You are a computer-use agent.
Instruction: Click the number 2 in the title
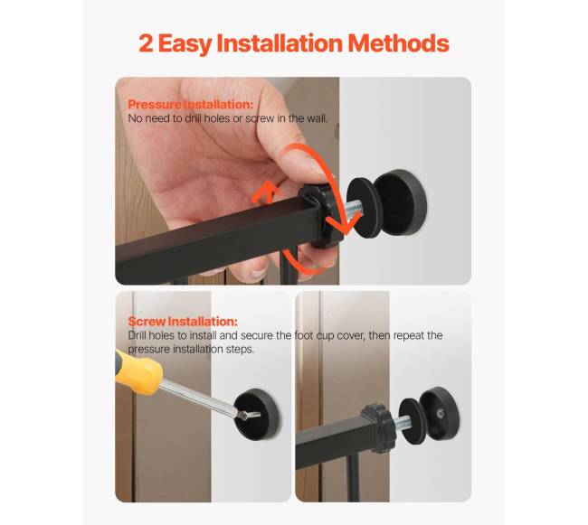(x=146, y=43)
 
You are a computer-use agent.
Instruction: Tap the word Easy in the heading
(x=185, y=44)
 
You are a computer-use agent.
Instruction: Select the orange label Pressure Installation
(x=191, y=105)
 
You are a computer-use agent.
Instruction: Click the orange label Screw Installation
(x=183, y=322)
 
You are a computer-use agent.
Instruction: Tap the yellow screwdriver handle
(x=138, y=371)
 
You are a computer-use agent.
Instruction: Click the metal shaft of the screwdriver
(x=200, y=398)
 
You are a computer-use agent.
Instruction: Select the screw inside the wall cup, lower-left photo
(x=249, y=415)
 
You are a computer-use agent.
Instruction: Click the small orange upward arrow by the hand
(x=266, y=191)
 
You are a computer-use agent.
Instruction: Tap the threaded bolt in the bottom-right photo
(x=403, y=423)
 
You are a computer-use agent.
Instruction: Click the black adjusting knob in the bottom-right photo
(x=377, y=427)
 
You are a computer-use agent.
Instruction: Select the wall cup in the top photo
(x=401, y=202)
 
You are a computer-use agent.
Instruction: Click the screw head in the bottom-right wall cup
(x=441, y=414)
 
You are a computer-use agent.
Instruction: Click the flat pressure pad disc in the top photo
(x=363, y=208)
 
